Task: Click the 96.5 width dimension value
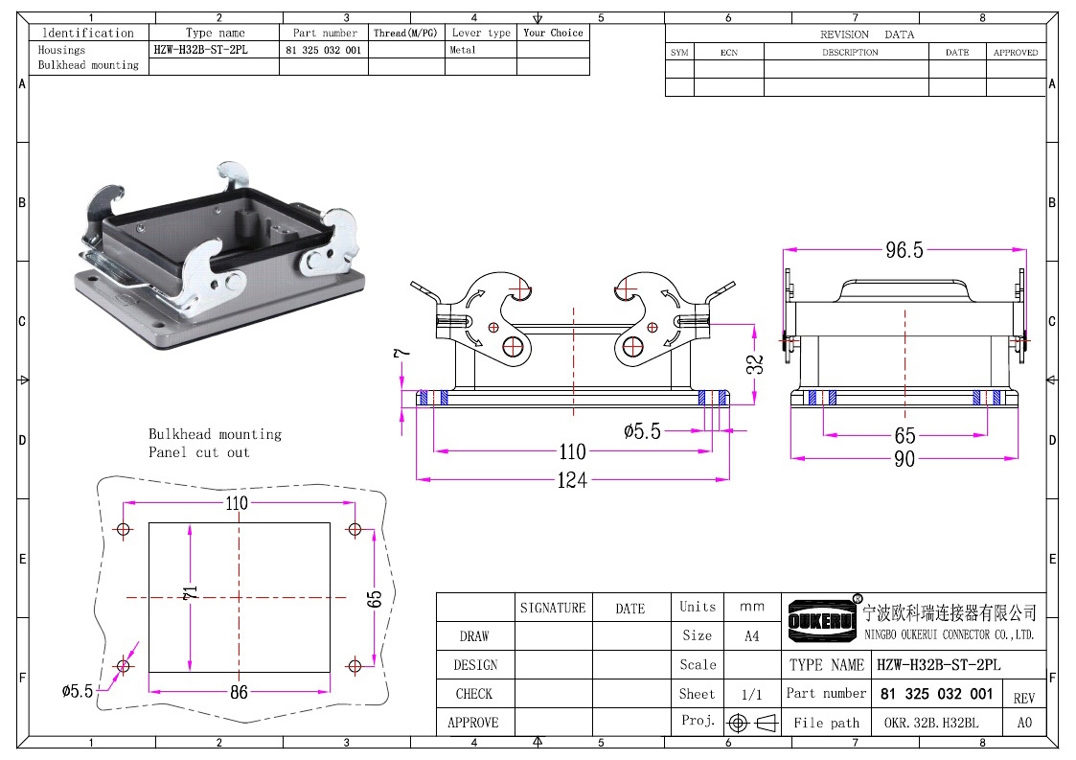point(904,250)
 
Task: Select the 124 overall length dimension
point(572,480)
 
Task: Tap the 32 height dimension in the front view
point(755,364)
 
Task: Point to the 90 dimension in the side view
point(904,459)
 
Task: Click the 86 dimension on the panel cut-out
point(239,692)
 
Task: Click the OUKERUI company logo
point(822,620)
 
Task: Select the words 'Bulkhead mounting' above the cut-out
point(215,434)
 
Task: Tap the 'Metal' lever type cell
point(463,50)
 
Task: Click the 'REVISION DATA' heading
point(867,35)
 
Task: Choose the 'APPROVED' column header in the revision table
point(1016,52)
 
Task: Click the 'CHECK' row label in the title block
point(474,694)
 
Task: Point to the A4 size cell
point(752,635)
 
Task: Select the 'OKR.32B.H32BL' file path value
point(931,723)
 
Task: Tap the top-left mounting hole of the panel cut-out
point(124,529)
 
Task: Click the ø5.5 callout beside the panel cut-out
point(77,691)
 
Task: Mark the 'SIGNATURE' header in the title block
point(553,608)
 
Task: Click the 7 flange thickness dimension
point(401,353)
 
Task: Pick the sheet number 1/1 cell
point(752,694)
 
